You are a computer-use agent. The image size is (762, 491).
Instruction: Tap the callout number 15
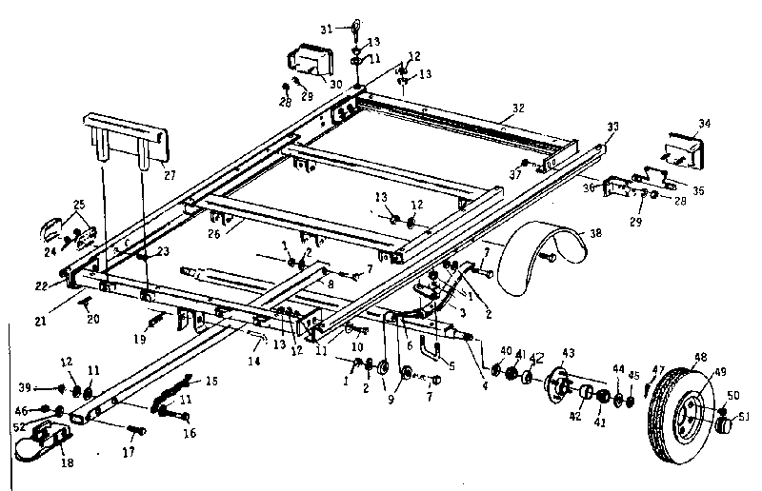coord(211,382)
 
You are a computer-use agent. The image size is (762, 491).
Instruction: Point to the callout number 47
coord(657,369)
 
